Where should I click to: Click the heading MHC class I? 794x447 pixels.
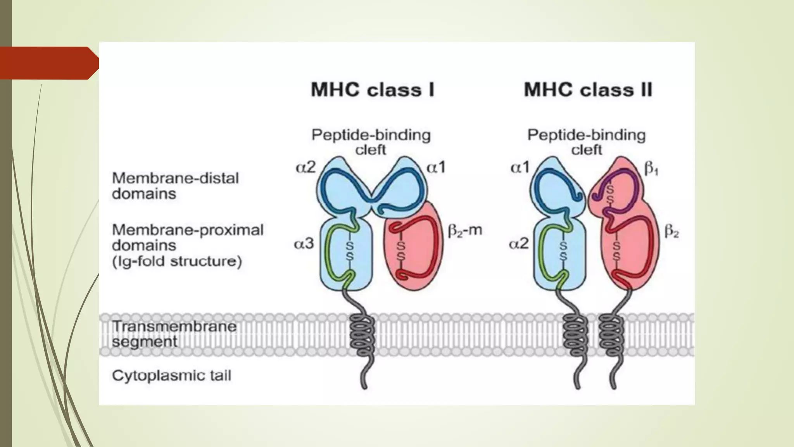(373, 90)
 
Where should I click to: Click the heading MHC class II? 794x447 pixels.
(588, 90)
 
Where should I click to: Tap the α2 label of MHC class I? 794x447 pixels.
(306, 168)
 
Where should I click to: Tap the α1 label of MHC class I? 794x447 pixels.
(436, 168)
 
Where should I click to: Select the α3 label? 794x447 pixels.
(304, 244)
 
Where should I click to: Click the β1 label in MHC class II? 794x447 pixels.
(651, 169)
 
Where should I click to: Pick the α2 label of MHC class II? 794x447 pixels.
(519, 244)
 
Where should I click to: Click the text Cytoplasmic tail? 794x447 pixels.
(171, 376)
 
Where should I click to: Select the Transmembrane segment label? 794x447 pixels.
(174, 334)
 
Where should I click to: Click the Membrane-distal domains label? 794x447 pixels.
(175, 186)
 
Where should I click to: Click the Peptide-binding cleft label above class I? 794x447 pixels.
(371, 142)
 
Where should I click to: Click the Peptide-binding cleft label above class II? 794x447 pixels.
(586, 142)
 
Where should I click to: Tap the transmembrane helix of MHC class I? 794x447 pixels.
(362, 335)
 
